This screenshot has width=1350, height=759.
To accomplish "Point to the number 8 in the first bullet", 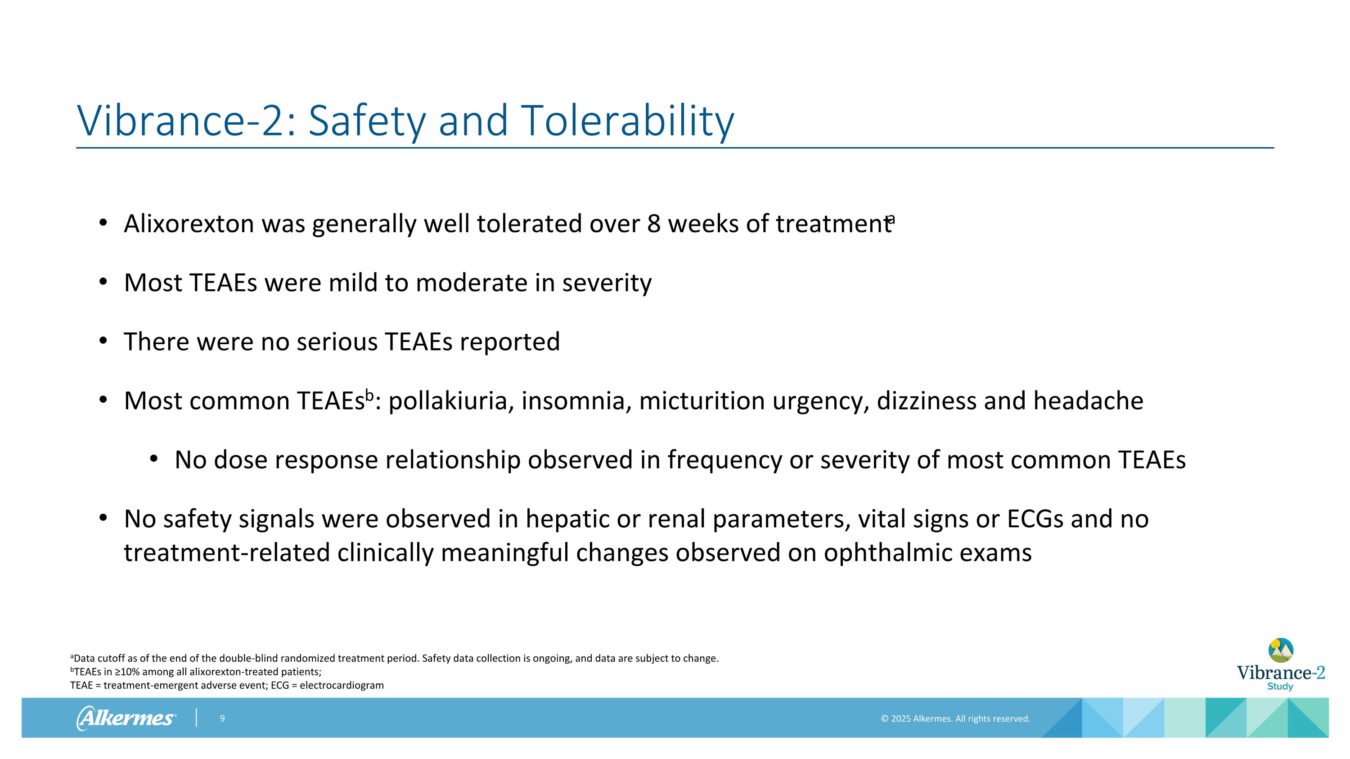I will point(653,224).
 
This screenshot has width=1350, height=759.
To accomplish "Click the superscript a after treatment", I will point(891,218).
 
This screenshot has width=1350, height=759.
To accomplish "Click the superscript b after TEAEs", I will point(369,395).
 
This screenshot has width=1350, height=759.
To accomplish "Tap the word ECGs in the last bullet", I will point(1035,519).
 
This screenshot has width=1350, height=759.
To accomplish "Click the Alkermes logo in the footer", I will point(126,718).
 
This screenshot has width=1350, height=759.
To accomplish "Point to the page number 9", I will point(222,719).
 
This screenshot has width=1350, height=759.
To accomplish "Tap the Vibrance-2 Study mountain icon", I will point(1280,651).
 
